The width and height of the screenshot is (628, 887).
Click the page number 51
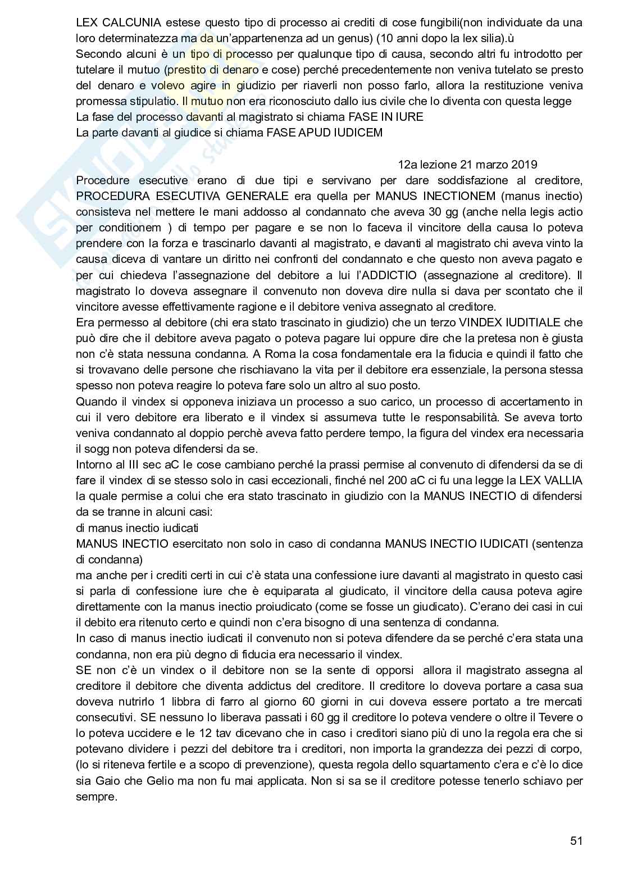[576, 841]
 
